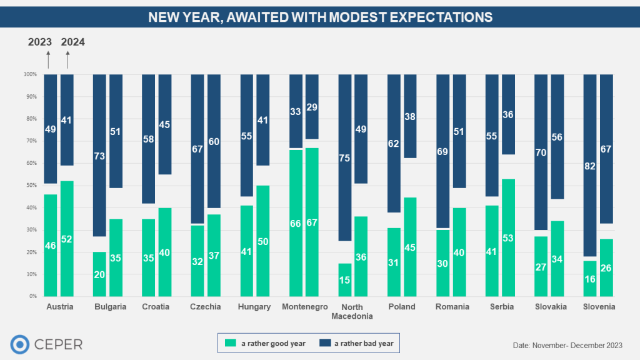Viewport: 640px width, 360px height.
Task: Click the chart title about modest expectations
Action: (x=320, y=17)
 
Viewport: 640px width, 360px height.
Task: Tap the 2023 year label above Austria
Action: (x=40, y=42)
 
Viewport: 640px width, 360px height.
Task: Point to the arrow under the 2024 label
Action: (x=67, y=59)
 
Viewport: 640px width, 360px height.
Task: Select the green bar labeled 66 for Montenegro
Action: (x=296, y=222)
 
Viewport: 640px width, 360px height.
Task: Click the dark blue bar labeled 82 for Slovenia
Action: (x=591, y=165)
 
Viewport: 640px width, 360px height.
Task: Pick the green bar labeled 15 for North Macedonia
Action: (x=345, y=279)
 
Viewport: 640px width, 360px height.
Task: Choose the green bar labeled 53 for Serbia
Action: (x=508, y=237)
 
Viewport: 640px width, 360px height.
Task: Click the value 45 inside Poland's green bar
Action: (x=409, y=247)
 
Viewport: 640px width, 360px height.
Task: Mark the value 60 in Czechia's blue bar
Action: (x=214, y=141)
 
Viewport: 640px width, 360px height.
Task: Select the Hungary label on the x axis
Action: (x=255, y=307)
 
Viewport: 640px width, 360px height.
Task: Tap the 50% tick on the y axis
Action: (x=31, y=186)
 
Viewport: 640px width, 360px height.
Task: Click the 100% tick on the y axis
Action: (x=30, y=74)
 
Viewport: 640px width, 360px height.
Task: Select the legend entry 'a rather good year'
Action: (x=266, y=343)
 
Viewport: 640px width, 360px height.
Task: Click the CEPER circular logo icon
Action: (x=21, y=344)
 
